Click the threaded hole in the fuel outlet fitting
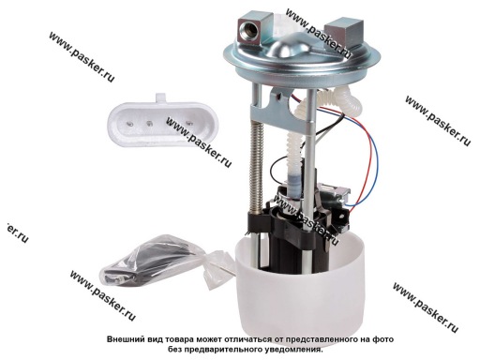(x=247, y=31)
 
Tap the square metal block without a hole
(x=344, y=30)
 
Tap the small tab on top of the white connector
(x=161, y=97)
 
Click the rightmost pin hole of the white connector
(x=187, y=123)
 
